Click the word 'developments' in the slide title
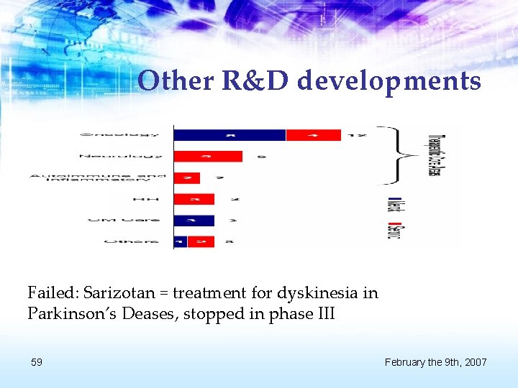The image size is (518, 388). [388, 81]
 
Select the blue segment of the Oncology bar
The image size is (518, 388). [230, 134]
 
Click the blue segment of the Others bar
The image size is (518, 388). [180, 241]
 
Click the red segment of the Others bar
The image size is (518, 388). [201, 241]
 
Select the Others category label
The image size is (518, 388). [132, 241]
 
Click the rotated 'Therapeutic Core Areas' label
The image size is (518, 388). [436, 156]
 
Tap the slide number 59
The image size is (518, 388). [36, 362]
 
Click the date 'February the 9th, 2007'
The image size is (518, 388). [435, 362]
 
